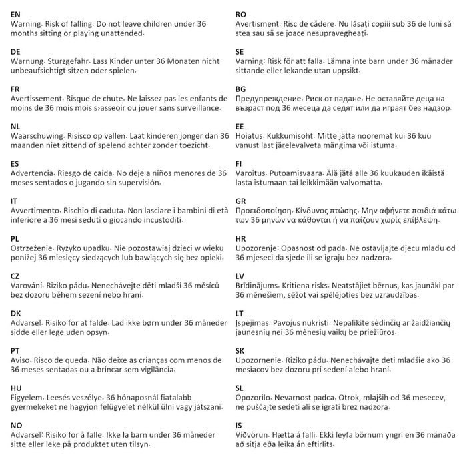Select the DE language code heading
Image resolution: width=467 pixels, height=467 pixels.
point(16,51)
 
